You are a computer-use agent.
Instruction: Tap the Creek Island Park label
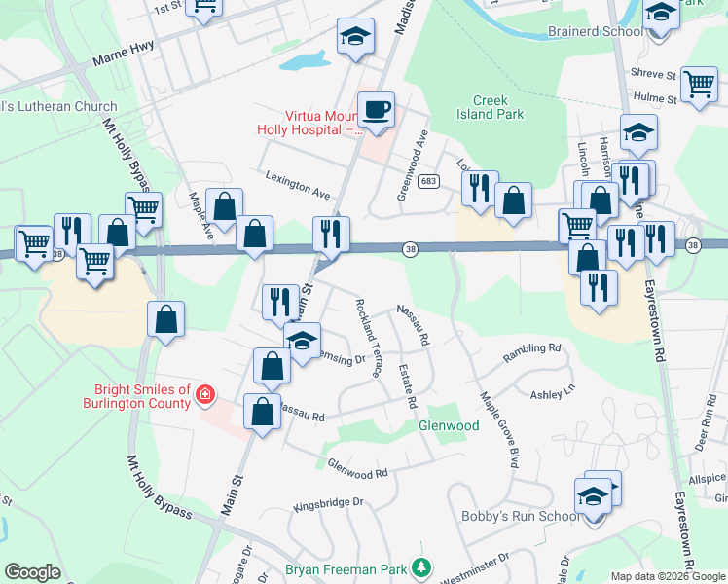498,107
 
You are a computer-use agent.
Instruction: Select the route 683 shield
427,182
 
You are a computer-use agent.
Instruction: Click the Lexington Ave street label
298,181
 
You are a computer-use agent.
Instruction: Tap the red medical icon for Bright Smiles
205,394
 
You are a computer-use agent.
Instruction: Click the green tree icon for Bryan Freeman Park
420,566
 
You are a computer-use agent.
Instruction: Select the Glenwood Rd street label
357,468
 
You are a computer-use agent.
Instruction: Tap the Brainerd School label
595,31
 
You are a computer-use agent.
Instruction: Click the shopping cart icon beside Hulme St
699,85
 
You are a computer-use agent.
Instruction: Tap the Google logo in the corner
33,571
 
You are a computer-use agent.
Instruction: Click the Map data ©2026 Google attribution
667,575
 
